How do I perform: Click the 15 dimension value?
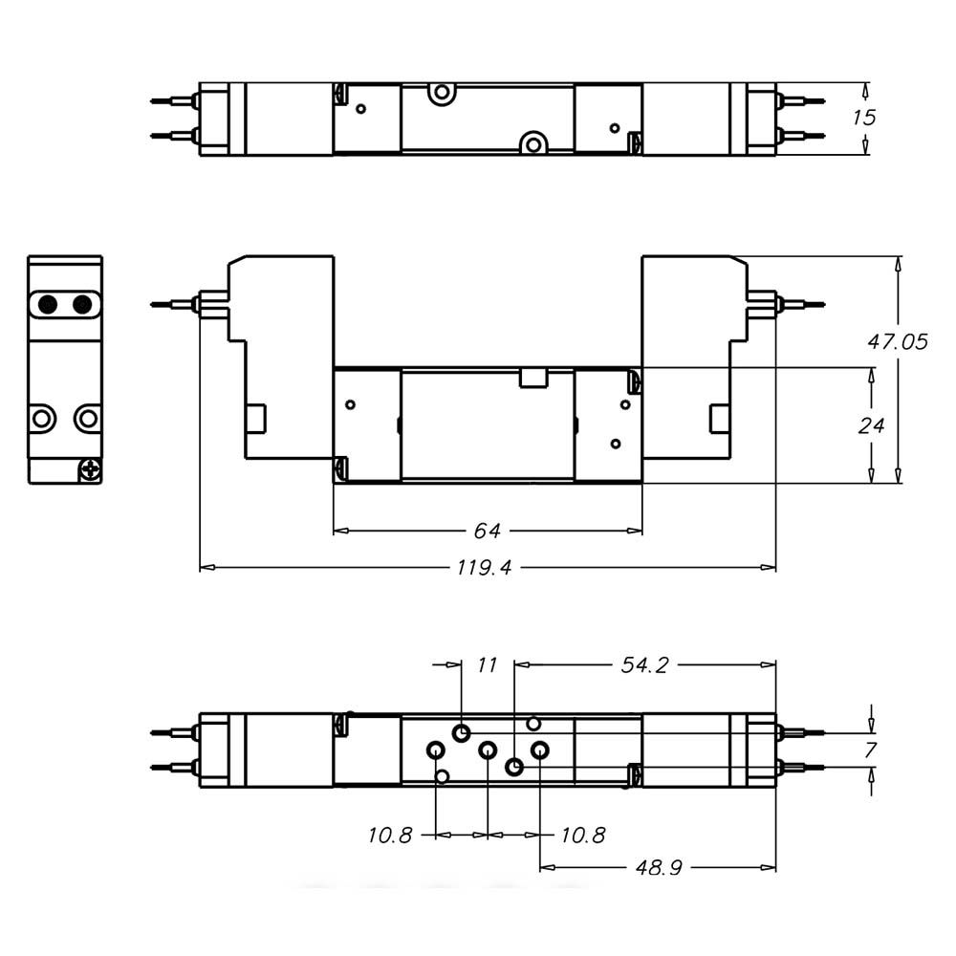pyautogui.click(x=864, y=118)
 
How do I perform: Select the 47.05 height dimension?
pyautogui.click(x=898, y=341)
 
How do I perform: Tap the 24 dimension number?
pyautogui.click(x=870, y=424)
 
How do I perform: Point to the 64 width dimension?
pyautogui.click(x=488, y=531)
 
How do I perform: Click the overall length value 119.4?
pyautogui.click(x=484, y=568)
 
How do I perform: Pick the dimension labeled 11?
pyautogui.click(x=488, y=664)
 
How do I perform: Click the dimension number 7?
pyautogui.click(x=870, y=750)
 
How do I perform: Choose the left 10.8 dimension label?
pyautogui.click(x=390, y=836)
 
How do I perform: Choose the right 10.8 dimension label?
pyautogui.click(x=583, y=836)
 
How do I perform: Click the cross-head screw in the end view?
pyautogui.click(x=90, y=469)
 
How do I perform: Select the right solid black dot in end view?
pyautogui.click(x=82, y=305)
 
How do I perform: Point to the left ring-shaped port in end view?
pyautogui.click(x=42, y=418)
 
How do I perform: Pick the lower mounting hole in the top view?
pyautogui.click(x=532, y=144)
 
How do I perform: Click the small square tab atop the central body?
pyautogui.click(x=532, y=379)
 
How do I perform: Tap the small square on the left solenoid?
pyautogui.click(x=255, y=418)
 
